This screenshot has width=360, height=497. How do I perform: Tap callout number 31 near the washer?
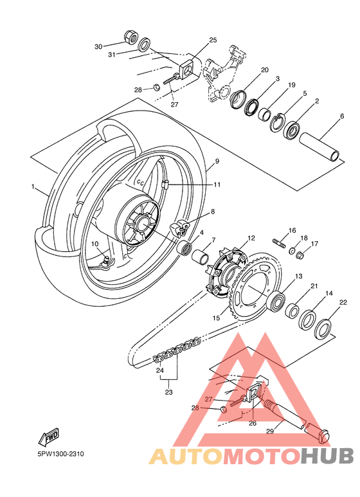coord(112,55)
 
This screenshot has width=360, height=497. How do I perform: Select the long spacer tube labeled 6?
coord(319,146)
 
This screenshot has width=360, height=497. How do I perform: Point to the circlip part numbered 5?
coord(278,122)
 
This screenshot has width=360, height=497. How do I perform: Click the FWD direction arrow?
coord(48,437)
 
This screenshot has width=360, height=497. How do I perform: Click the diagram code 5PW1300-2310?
coord(61,454)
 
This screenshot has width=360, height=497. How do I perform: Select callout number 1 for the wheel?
coord(33,186)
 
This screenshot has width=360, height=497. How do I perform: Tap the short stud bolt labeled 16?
coord(279,243)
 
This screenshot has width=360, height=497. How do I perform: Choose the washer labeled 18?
coord(291,251)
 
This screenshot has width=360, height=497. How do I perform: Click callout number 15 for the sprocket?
coord(216,318)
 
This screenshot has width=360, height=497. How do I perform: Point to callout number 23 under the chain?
coord(168,392)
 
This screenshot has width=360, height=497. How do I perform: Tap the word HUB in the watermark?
coord(327,456)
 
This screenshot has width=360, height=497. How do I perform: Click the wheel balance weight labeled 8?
coord(179,228)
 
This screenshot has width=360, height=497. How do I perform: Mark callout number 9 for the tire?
coord(217,161)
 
